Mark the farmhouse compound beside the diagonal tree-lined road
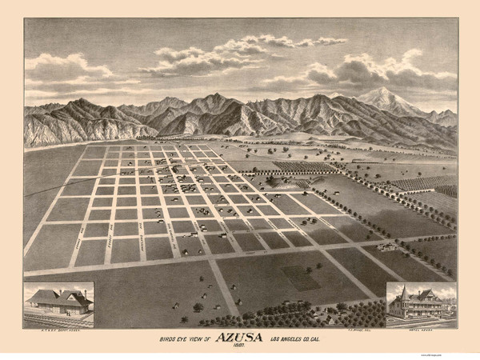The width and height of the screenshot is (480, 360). (x=387, y=246)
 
